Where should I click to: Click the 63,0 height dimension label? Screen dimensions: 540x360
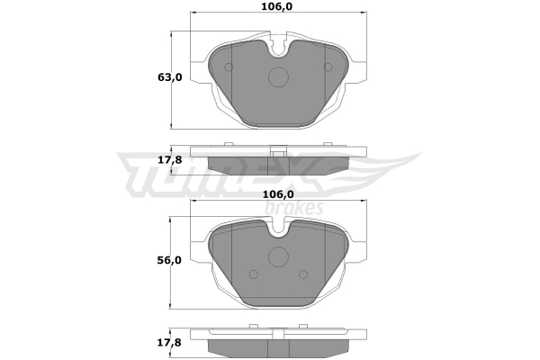(170, 77)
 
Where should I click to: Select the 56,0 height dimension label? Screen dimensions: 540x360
(169, 260)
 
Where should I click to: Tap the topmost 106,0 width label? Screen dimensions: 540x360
(276, 6)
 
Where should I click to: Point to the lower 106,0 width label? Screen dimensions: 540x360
(278, 194)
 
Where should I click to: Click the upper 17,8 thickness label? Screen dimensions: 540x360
(170, 160)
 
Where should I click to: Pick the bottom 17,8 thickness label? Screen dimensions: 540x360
(169, 342)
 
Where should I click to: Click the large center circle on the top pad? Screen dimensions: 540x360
(278, 76)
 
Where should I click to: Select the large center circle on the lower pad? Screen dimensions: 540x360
(278, 256)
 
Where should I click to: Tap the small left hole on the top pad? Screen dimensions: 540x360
(229, 67)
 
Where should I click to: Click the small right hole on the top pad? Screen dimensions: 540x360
(328, 67)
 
